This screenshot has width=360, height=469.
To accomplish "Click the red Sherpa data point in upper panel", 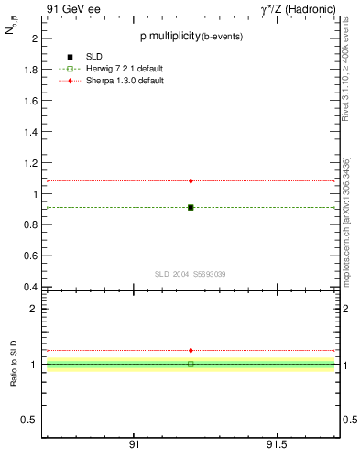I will click(x=191, y=180).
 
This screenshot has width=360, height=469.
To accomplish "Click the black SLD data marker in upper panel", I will click(x=191, y=207).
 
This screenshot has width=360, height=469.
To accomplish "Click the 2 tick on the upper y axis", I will click(x=34, y=38).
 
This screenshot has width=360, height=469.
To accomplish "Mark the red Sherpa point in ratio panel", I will click(x=191, y=350).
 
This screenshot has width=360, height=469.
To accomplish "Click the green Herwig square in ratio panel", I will click(x=191, y=364).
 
